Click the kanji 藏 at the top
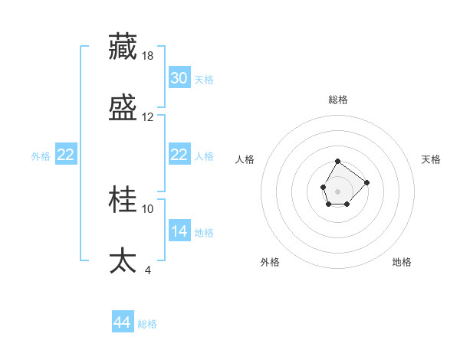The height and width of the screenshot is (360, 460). pos(123,47)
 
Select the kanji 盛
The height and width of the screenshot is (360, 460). pos(123,108)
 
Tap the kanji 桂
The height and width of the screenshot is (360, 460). pos(123,200)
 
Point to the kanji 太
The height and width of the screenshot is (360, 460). pos(123,260)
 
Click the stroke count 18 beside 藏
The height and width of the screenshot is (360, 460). pos(149,55)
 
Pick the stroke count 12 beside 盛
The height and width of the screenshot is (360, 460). pos(148,117)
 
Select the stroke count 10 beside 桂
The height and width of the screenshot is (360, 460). pos(148,208)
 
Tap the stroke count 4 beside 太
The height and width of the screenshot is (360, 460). pos(148,270)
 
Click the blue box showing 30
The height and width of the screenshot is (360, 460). pos(179,78)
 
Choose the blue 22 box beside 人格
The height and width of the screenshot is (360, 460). pos(179,155)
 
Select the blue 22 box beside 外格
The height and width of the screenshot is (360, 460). pos(66,155)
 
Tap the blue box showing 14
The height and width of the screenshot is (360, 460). pos(179,231)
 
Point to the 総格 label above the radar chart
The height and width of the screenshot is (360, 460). pos(338,100)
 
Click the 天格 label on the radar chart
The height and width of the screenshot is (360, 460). pos(431,159)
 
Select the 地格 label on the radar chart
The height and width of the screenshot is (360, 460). pos(402,262)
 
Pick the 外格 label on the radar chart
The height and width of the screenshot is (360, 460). pos(270,262)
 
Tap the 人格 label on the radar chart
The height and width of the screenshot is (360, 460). pos(245,159)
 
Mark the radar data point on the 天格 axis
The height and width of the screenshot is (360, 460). pos(366,182)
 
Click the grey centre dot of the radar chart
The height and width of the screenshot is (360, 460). pos(337,191)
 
